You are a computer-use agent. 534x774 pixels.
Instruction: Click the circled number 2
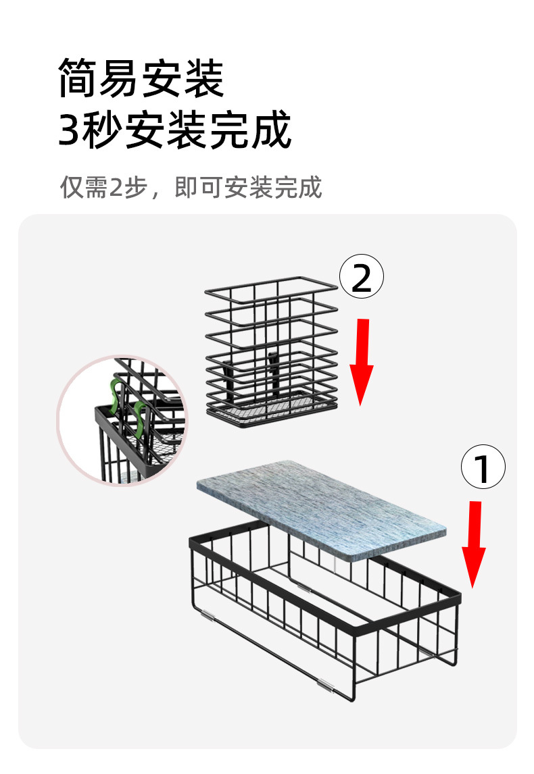[x=362, y=276]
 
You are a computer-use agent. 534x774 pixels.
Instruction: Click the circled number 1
[x=483, y=467]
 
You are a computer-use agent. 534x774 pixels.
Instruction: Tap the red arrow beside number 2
[x=362, y=362]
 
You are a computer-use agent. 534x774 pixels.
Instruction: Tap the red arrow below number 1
[x=474, y=544]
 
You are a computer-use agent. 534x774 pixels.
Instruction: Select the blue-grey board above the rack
[x=322, y=509]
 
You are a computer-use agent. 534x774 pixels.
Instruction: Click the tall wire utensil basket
[x=271, y=352]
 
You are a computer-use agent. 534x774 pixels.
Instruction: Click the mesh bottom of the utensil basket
[x=272, y=410]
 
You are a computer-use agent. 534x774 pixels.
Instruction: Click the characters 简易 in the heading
[x=99, y=78]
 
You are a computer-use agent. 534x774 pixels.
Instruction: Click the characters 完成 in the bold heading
[x=251, y=129]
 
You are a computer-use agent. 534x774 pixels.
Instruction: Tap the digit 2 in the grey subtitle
[x=116, y=188]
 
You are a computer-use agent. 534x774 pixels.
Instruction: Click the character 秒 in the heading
[x=103, y=130]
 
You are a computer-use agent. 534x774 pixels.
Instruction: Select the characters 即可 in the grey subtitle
[x=199, y=187]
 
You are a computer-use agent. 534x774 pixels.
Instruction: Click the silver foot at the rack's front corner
[x=325, y=685]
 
